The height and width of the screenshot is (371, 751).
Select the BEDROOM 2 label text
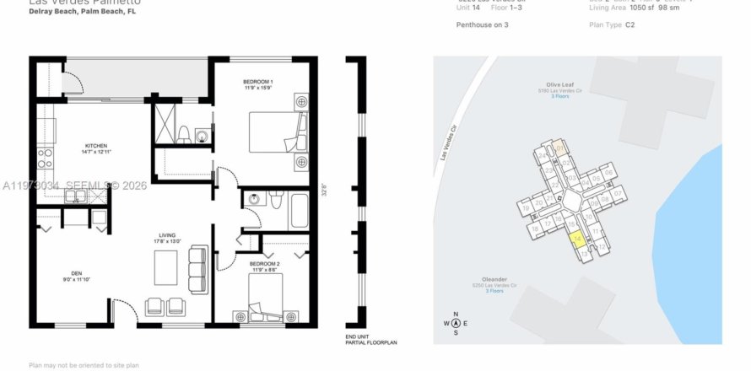coord(262,265)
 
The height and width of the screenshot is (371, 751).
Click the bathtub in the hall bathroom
coord(300,211)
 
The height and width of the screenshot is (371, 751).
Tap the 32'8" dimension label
coord(323,189)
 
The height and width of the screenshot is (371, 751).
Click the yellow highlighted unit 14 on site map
coord(577,240)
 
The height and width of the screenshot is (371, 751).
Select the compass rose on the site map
coord(456,322)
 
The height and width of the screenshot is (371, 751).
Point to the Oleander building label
coord(494,279)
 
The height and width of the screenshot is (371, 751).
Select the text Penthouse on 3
coord(482,24)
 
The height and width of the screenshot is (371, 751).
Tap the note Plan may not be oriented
coord(84,365)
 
